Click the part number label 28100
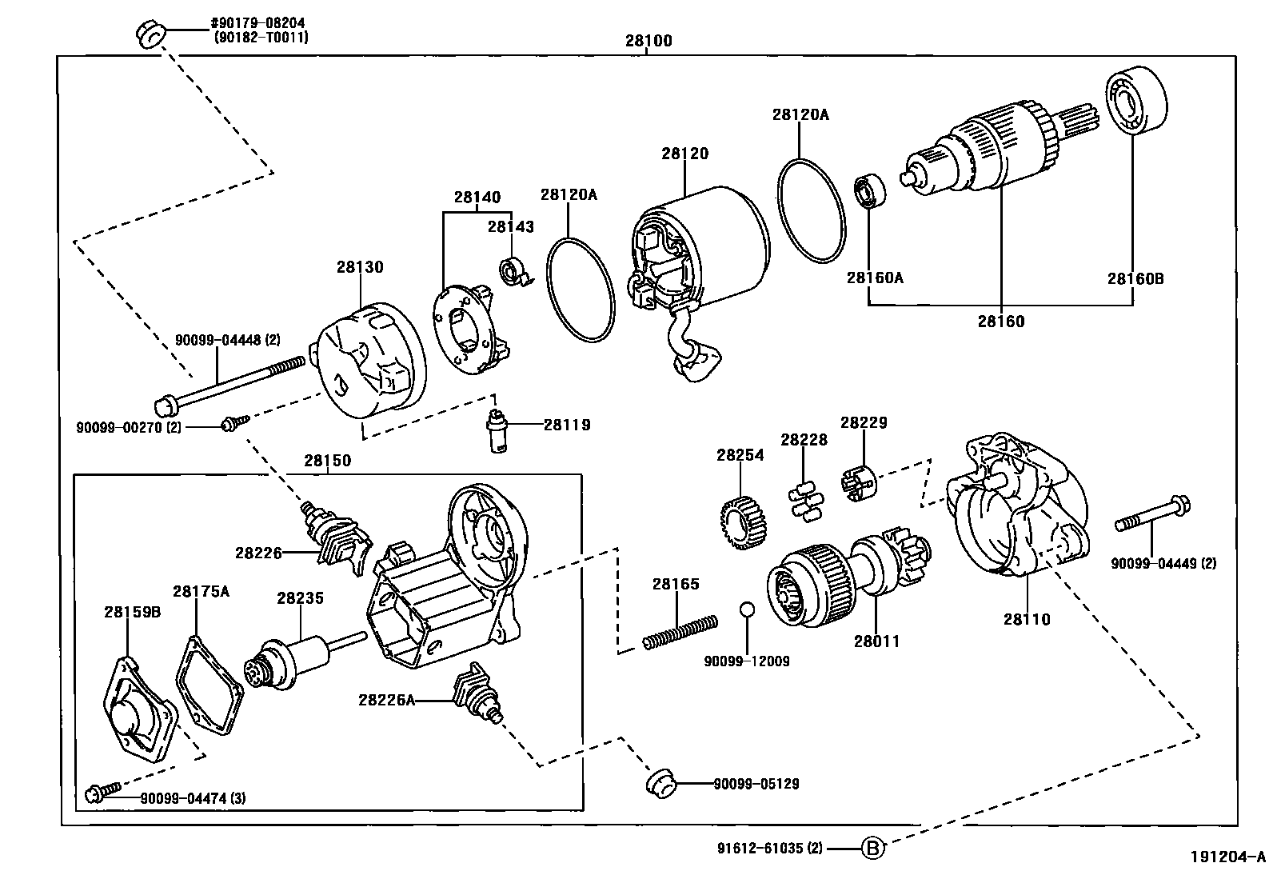[x=648, y=41]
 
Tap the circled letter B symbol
[x=873, y=848]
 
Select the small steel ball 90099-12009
[x=746, y=610]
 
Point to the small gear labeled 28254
[x=739, y=522]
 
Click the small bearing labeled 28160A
[x=869, y=190]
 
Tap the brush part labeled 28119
[x=498, y=430]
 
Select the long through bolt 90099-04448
[x=232, y=383]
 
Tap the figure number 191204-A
[x=1227, y=857]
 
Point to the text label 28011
[x=876, y=641]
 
